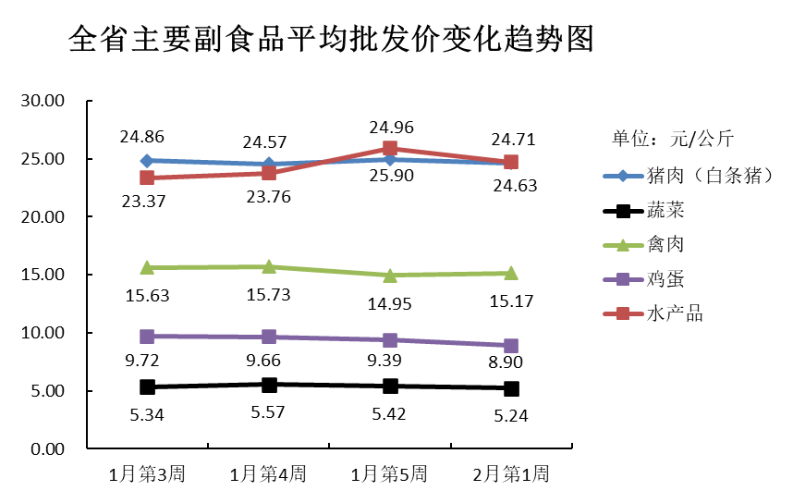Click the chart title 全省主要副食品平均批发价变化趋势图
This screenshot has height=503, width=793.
click(x=330, y=40)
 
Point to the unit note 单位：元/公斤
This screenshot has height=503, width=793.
click(x=673, y=140)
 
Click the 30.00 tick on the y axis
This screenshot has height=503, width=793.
click(x=43, y=101)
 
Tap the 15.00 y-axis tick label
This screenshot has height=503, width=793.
click(x=43, y=275)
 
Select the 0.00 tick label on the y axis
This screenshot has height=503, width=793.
click(x=46, y=449)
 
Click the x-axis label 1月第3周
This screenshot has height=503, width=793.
click(x=147, y=475)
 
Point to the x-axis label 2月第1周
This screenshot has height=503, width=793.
click(x=510, y=475)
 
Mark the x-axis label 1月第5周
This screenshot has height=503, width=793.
click(x=389, y=475)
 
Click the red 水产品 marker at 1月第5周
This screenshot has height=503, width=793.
click(x=390, y=148)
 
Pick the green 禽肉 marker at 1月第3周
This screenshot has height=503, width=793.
click(x=147, y=267)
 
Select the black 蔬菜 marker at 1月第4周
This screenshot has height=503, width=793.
click(x=269, y=385)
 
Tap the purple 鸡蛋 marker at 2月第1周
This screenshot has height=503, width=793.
click(x=511, y=346)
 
